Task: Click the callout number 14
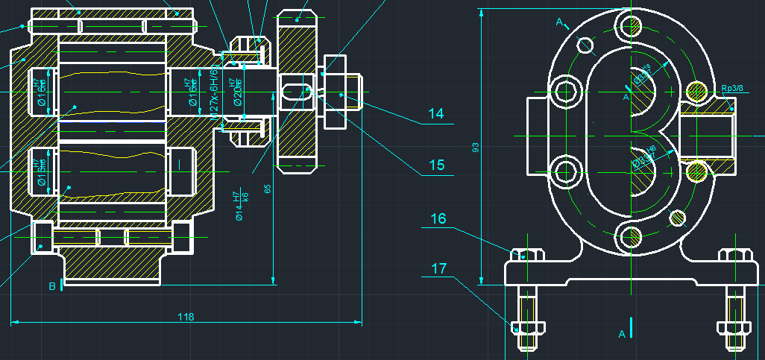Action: (436, 114)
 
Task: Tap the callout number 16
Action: (438, 219)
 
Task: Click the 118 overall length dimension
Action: (186, 317)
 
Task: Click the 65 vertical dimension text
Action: (268, 189)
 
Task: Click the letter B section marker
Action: (52, 286)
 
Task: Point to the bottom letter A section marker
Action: (622, 335)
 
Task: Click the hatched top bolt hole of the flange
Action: (630, 26)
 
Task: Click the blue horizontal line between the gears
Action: (112, 121)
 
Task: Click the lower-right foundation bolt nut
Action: (731, 328)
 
